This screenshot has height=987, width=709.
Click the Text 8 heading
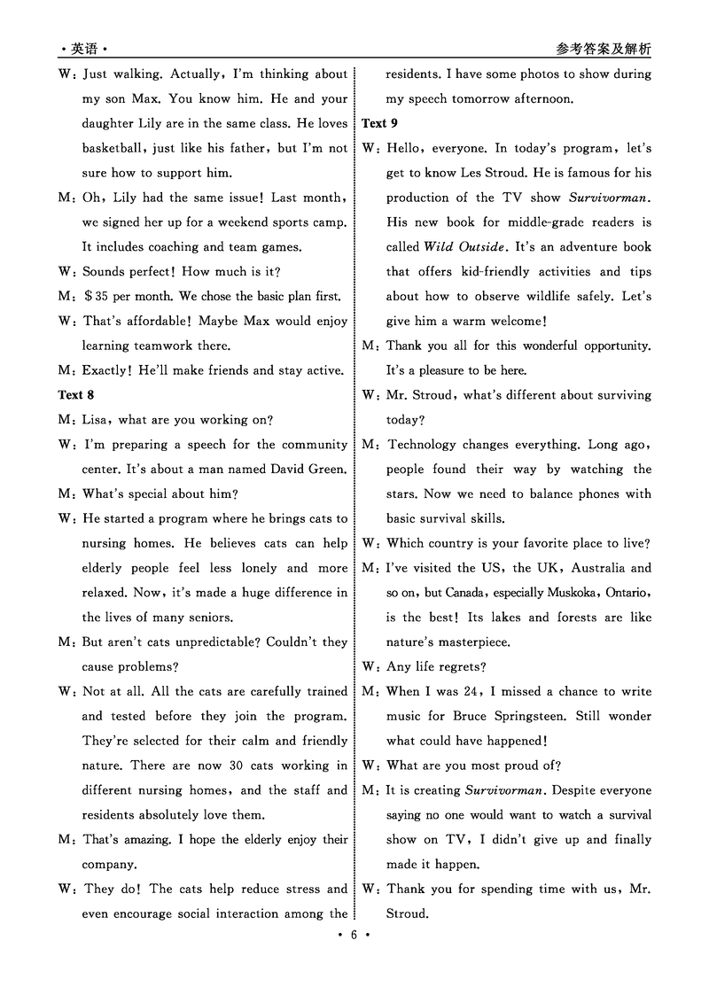[76, 395]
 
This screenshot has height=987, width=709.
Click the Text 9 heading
[380, 123]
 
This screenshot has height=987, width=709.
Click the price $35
[104, 296]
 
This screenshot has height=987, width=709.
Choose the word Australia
[600, 568]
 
